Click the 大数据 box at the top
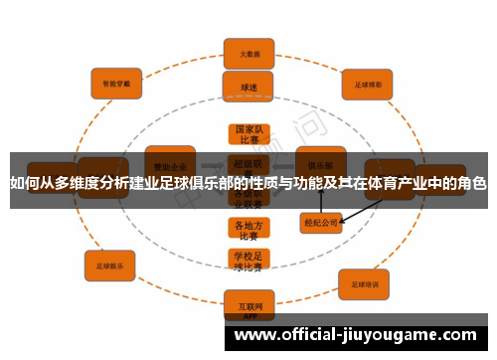[x=248, y=54]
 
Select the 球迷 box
[x=248, y=88]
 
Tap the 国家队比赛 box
[x=248, y=135]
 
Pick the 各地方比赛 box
[x=248, y=231]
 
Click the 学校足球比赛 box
[x=248, y=262]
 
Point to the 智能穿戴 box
[x=117, y=84]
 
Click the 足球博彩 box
[x=369, y=84]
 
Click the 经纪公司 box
[x=321, y=223]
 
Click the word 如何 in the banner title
[x=24, y=183]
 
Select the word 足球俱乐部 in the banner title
[x=195, y=183]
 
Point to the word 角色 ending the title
[x=472, y=183]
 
